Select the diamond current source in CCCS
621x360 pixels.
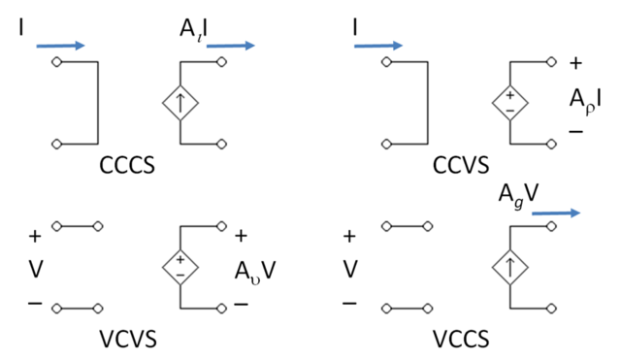pos(180,102)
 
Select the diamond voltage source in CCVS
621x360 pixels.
pos(510,102)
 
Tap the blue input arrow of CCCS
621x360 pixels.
pos(61,45)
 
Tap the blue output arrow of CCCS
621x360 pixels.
pos(230,45)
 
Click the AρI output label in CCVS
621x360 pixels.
pos(588,99)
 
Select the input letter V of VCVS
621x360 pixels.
pos(36,268)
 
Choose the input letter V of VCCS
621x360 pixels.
pos(350,268)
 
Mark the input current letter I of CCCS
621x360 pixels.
pos(21,29)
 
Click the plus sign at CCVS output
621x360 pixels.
pos(576,64)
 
